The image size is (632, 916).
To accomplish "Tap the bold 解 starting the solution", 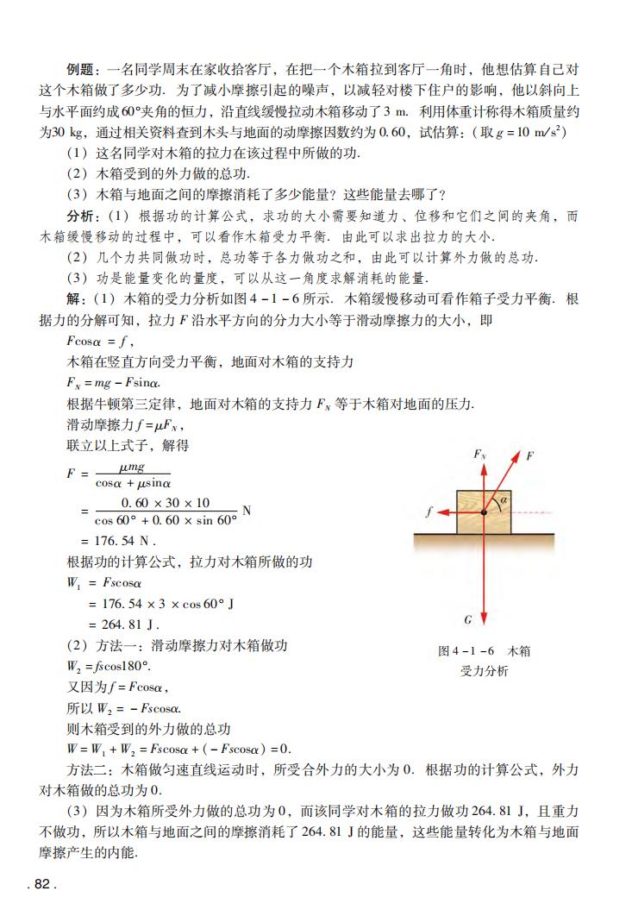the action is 75,299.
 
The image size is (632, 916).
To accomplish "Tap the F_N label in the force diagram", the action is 479,455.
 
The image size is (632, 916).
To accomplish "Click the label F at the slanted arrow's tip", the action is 530,455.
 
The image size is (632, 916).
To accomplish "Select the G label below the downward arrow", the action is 468,619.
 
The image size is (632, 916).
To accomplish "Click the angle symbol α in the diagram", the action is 504,499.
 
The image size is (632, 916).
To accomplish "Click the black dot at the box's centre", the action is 484,512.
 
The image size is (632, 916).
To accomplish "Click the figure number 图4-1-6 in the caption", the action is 466,651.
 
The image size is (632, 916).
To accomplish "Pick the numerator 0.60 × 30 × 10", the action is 166,503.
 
